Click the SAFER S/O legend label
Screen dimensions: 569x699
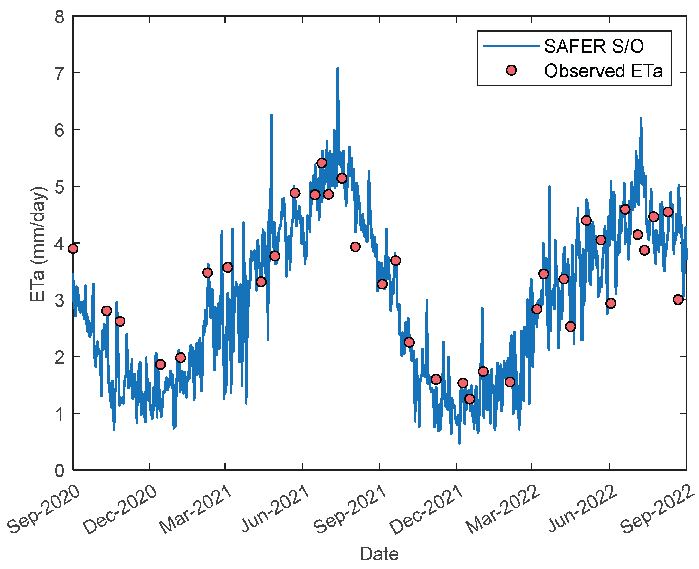[593, 46]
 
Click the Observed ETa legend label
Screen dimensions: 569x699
[603, 71]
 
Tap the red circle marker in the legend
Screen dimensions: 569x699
[511, 71]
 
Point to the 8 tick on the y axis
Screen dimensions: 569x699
[60, 16]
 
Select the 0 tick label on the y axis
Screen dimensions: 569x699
[60, 471]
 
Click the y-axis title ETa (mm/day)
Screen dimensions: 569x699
[38, 244]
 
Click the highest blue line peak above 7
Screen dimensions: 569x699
[338, 69]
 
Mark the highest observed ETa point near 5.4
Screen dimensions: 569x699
[321, 163]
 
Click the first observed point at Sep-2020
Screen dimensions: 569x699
[73, 248]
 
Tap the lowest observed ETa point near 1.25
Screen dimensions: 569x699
[469, 399]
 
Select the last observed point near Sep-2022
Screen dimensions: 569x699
[678, 299]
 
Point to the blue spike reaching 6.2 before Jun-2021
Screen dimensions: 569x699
[271, 115]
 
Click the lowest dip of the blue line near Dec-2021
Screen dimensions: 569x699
[459, 443]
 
